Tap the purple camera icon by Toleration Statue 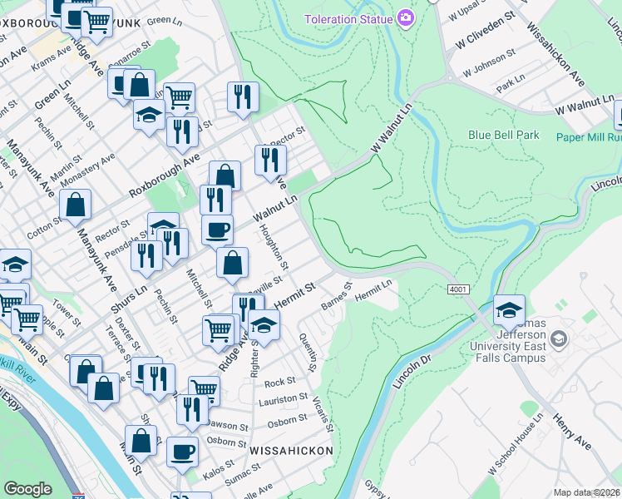coord(406,17)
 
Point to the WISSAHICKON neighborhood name coord(291,450)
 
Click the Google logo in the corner coord(27,489)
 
